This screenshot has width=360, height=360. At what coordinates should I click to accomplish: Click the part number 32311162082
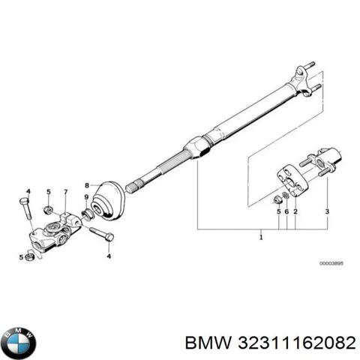click(x=297, y=343)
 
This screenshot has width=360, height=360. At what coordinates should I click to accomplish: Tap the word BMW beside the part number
click(x=208, y=343)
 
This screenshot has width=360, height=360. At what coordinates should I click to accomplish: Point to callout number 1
click(x=261, y=236)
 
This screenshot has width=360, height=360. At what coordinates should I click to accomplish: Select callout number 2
click(x=295, y=211)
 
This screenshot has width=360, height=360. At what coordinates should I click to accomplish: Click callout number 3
click(x=327, y=211)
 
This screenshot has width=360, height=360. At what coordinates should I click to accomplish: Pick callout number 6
click(x=286, y=211)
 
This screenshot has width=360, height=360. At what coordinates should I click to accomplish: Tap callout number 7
click(x=65, y=192)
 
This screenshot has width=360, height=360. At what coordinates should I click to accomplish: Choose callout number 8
click(x=87, y=185)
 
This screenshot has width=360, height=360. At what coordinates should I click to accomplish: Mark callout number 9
click(x=86, y=197)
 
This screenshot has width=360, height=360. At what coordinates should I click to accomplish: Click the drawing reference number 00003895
click(x=331, y=263)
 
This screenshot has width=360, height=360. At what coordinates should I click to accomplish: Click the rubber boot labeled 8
click(x=108, y=201)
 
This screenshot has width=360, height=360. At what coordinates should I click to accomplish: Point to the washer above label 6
click(x=285, y=195)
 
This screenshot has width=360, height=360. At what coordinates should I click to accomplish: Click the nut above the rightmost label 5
click(x=277, y=200)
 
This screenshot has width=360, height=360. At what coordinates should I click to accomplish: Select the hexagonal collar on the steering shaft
click(x=196, y=148)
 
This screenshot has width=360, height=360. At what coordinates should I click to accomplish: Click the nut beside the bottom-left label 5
click(x=29, y=256)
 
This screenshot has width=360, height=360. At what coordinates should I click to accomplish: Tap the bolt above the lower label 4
click(x=101, y=233)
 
